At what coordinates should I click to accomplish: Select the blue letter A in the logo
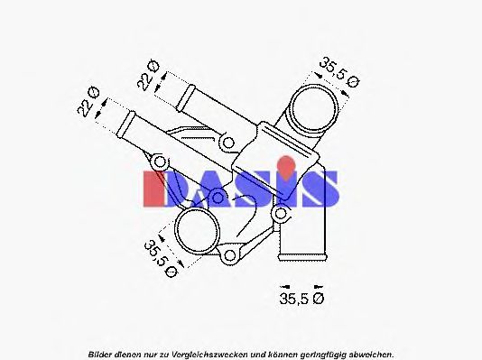point(210,188)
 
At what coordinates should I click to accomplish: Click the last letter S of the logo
point(320,188)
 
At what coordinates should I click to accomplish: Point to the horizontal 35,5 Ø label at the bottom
point(301,298)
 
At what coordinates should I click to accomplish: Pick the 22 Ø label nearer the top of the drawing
point(148,75)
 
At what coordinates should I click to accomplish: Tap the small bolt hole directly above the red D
point(159,162)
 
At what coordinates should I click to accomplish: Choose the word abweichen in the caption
point(369,353)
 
